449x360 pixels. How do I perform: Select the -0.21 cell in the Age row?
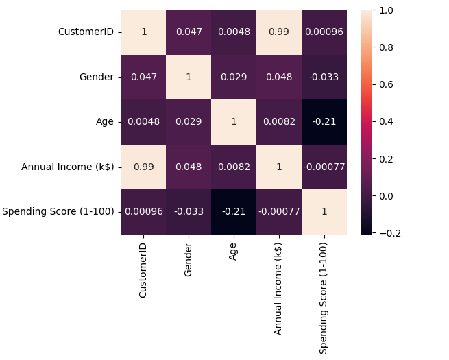(324, 122)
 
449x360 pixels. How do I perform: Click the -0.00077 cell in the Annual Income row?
(324, 167)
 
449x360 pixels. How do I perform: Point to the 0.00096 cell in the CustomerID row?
(324, 32)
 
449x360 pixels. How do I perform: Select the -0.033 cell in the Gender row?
(324, 77)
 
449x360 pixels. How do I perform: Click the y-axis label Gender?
(96, 77)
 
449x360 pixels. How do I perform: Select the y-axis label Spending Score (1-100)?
(58, 211)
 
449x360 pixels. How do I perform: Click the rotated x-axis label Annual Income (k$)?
(278, 288)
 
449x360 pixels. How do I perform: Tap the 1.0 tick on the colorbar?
(387, 11)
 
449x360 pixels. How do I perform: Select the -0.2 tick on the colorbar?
(387, 232)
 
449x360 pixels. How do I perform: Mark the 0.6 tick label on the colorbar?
(387, 85)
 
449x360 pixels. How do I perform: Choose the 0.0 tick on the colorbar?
(387, 195)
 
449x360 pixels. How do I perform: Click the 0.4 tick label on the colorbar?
(387, 122)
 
